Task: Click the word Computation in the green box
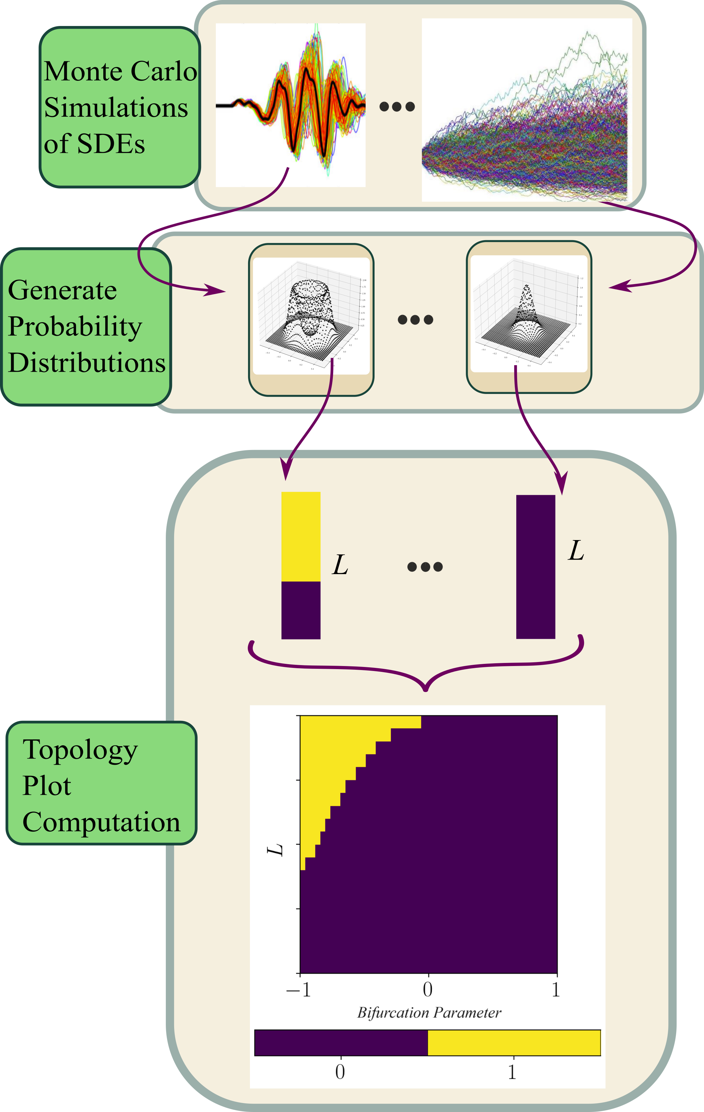click(x=101, y=822)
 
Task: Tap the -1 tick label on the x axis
click(x=299, y=989)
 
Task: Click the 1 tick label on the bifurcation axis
click(x=556, y=989)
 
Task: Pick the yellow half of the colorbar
click(x=514, y=1043)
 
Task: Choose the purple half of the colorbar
click(x=341, y=1043)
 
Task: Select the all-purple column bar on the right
click(x=535, y=567)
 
